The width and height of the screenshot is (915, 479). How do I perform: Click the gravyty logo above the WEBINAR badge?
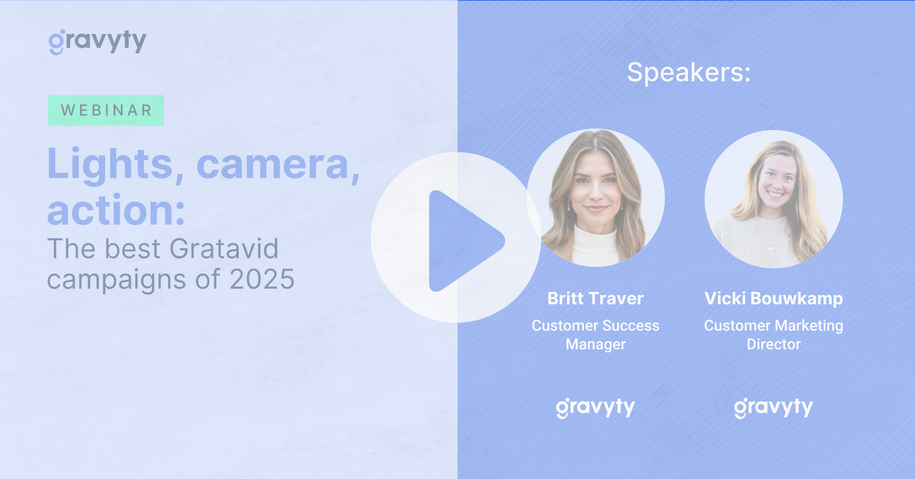coord(98,42)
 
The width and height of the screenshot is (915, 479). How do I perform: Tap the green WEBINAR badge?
coord(106,110)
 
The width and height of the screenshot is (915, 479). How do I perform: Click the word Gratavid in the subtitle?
coord(224,249)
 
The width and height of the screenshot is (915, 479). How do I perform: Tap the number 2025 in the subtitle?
coord(262,279)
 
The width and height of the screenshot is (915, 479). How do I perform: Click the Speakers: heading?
coord(689,72)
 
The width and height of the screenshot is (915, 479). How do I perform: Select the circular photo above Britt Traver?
coord(596,198)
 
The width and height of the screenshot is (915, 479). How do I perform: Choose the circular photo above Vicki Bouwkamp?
coord(774,199)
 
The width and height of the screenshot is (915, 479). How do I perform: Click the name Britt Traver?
coord(596,298)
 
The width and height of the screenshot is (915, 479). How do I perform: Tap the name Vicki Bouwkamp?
coord(774,298)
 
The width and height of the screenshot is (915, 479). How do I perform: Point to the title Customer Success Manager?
coord(596,335)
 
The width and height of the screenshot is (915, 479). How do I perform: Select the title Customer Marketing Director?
coord(774,335)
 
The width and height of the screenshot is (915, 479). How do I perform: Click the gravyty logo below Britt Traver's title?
coord(596,408)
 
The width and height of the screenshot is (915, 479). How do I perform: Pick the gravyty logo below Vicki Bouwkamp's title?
coord(774,408)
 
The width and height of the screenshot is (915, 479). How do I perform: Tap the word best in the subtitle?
coord(133,249)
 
